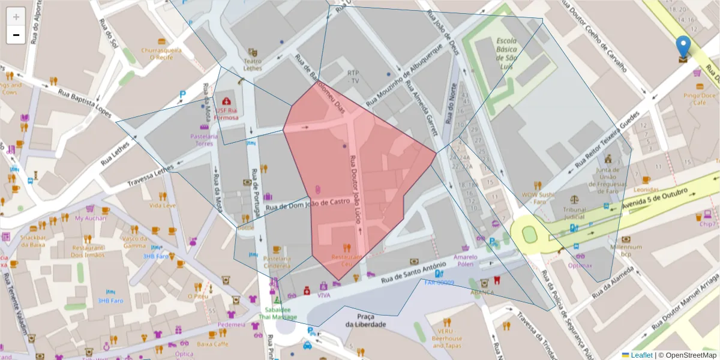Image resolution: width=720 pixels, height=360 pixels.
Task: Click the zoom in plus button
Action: [16, 17]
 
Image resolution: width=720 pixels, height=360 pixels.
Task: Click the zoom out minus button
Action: [16, 35]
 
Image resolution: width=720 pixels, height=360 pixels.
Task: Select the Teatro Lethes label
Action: [253, 65]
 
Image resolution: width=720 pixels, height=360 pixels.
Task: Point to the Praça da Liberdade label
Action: [365, 320]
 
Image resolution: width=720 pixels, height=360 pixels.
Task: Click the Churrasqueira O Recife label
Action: [161, 54]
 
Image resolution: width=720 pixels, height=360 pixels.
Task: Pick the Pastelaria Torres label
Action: [204, 140]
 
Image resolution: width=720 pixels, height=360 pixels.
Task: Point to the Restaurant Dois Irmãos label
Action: [88, 251]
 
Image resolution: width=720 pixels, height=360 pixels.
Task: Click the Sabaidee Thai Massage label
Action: [277, 313]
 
